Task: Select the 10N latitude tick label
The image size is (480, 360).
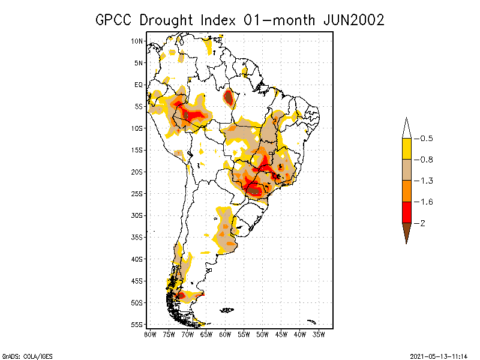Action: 137,41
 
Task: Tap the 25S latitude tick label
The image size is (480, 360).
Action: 137,193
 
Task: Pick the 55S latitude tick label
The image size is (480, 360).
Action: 137,324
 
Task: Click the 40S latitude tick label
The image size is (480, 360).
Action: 137,259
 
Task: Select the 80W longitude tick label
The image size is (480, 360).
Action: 150,333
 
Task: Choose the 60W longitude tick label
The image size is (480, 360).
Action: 225,333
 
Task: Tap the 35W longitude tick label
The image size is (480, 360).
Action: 319,333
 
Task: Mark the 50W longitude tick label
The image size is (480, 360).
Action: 262,333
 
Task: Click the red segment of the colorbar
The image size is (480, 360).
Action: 406,212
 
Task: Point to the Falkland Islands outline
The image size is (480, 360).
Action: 227,310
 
